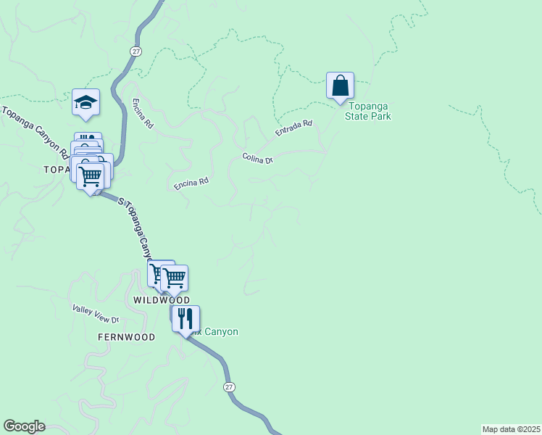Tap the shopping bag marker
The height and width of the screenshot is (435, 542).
coord(340,86)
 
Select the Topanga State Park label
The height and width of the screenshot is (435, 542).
coord(367,111)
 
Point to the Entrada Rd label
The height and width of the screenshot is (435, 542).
coord(293,129)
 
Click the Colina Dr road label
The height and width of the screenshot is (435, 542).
coord(257,158)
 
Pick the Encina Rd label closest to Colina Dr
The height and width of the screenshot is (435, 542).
coord(191,184)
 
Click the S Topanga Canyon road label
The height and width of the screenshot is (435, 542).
coord(137,228)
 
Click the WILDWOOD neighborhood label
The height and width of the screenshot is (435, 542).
coord(162,300)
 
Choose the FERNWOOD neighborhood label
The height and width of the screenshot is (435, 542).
coord(127,338)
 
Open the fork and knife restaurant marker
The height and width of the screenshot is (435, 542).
coord(185,318)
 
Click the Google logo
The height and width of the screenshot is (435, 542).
coord(24,426)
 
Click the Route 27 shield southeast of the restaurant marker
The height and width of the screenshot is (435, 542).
coord(229,387)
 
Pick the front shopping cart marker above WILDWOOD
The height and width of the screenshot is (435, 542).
coord(175,277)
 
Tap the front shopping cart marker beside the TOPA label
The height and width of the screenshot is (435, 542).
coord(91,175)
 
